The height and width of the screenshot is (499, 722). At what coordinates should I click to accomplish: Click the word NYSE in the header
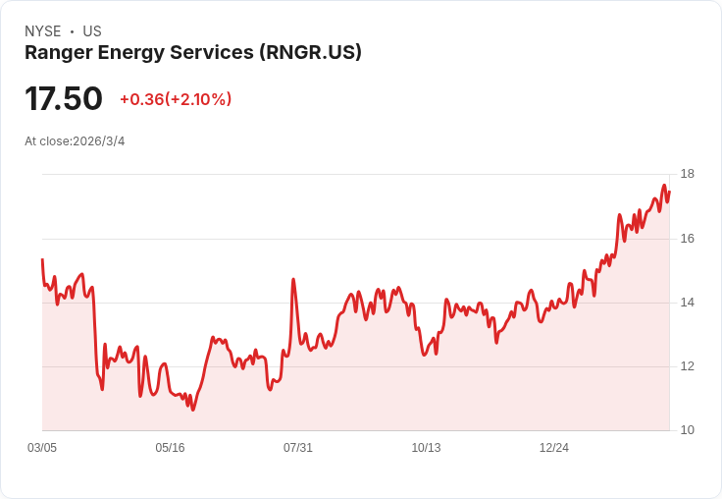[x=43, y=31]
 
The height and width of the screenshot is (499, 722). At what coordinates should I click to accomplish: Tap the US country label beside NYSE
[x=92, y=31]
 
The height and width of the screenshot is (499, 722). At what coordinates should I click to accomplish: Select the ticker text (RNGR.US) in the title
[x=310, y=53]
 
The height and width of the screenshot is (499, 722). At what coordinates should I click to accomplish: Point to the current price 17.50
[x=64, y=99]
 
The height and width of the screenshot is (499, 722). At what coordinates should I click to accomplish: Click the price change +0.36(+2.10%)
[x=176, y=99]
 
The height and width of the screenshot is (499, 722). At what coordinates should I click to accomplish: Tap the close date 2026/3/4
[x=99, y=141]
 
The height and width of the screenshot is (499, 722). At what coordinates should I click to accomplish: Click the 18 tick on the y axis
[x=688, y=174]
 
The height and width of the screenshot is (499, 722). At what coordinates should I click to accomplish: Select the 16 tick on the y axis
[x=688, y=239]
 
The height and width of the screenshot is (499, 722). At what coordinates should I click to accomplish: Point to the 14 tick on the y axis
[x=688, y=303]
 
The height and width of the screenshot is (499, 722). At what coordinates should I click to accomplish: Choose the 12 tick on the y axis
[x=688, y=366]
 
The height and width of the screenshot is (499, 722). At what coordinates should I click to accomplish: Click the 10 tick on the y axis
[x=688, y=430]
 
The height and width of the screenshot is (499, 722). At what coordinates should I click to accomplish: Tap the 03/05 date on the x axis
[x=42, y=448]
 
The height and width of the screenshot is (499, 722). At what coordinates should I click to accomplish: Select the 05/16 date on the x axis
[x=170, y=448]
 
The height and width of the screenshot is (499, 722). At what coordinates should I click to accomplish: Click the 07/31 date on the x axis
[x=298, y=448]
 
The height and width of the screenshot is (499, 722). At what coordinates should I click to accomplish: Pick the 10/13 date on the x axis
[x=426, y=448]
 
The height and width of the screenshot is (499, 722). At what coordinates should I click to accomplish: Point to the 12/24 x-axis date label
[x=554, y=448]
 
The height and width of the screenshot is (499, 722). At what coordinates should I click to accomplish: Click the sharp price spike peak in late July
[x=293, y=279]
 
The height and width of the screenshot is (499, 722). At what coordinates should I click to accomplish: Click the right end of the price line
[x=669, y=192]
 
